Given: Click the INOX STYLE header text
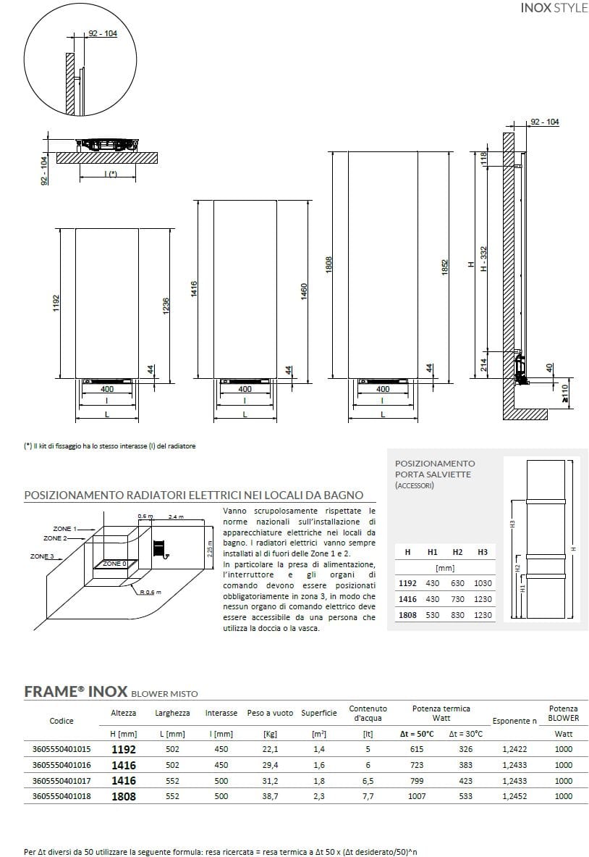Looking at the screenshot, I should pos(554,9).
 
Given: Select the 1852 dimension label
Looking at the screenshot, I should pos(446,267).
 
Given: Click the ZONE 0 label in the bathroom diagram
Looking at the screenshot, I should pos(114,563).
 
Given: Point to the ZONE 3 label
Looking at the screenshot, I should pos(43,556).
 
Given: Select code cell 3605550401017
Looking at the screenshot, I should pos(62,781).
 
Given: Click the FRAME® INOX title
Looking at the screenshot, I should pos(76,691).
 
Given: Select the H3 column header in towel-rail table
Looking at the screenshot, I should pos(483,552).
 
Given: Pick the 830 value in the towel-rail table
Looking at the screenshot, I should pos(458,615).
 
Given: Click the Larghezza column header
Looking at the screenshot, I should pos(173,714).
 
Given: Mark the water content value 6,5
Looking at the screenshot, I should pos(368,781).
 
